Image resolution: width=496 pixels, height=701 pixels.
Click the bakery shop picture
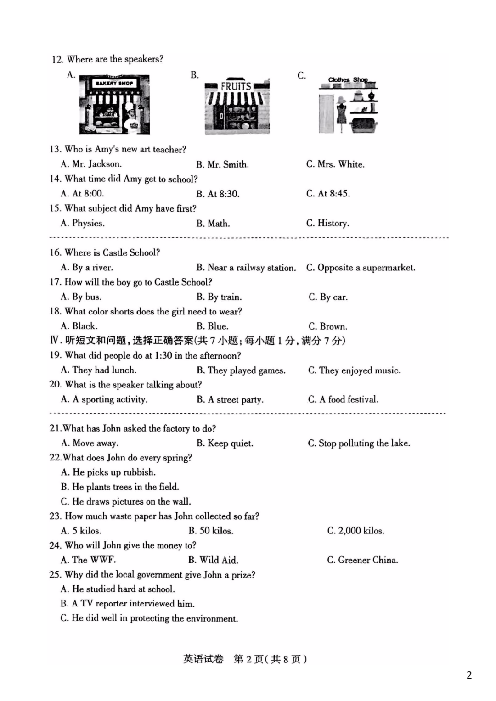click(x=114, y=105)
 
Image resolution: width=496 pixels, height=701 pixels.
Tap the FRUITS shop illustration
click(x=237, y=107)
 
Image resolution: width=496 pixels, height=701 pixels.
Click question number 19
click(x=55, y=355)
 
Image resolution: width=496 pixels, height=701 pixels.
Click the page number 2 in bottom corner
click(x=469, y=675)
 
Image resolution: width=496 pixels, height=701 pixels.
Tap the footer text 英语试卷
click(x=203, y=659)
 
